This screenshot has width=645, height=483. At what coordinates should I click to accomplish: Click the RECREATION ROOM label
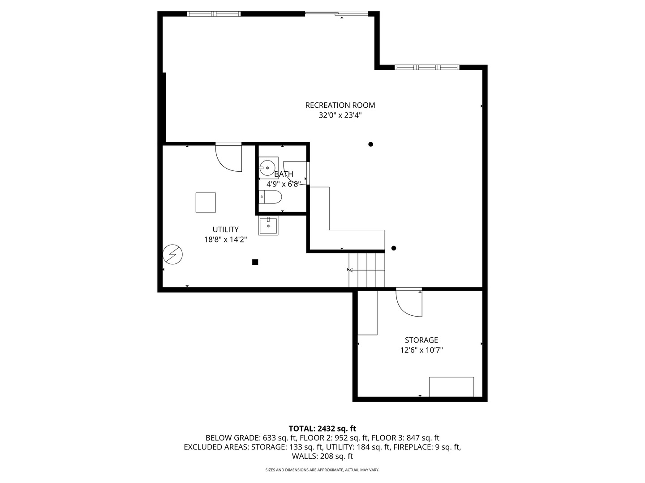340,105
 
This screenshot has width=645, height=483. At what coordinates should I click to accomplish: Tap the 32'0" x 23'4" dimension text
340,115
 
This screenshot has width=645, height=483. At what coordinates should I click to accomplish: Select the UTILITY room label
225,229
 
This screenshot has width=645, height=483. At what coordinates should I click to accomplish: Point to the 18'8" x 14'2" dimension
225,240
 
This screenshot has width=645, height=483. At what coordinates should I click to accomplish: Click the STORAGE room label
421,340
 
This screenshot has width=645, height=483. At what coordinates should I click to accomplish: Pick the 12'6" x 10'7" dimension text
421,350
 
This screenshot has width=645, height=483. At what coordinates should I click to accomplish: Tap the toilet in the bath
270,197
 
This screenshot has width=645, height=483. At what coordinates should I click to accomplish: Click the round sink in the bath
267,168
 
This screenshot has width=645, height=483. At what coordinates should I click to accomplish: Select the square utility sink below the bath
268,225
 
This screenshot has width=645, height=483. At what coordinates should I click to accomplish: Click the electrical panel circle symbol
172,254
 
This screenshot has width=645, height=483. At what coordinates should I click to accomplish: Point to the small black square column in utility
255,262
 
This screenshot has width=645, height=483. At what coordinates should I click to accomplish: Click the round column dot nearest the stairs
394,248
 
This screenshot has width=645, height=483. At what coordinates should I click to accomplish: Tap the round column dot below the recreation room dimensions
370,144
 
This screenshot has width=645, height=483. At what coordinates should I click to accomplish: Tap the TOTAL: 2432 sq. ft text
322,429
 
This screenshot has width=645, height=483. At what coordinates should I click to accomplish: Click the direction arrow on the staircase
366,270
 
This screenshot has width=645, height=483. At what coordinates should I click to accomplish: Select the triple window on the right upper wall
427,68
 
